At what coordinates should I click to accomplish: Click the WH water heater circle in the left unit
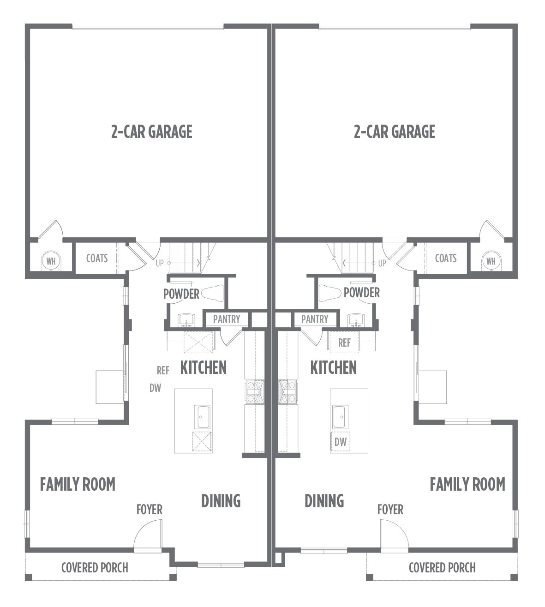click(x=51, y=261)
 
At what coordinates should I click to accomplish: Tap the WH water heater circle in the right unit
click(x=491, y=261)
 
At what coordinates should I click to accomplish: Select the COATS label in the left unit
click(x=97, y=258)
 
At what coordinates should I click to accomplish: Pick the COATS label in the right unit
click(x=446, y=258)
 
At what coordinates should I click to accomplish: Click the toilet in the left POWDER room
click(x=212, y=293)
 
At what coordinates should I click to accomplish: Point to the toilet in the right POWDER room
click(x=330, y=293)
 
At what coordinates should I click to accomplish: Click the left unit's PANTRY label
click(x=227, y=319)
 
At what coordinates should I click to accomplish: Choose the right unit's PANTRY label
click(x=315, y=319)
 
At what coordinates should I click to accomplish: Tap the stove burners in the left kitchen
click(x=255, y=391)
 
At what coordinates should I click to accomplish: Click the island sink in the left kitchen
click(x=203, y=417)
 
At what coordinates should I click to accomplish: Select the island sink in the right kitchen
click(x=341, y=417)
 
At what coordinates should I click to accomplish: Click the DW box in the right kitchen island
click(x=341, y=442)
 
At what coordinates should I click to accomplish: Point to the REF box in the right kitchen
click(x=344, y=343)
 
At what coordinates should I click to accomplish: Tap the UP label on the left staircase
click(x=160, y=263)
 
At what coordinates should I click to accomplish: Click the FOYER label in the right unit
click(x=390, y=510)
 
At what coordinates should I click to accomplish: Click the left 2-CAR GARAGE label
click(x=152, y=132)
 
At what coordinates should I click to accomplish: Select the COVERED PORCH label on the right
click(x=442, y=568)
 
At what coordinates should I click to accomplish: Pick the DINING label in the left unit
click(x=221, y=501)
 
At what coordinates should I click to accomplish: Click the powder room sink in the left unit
click(x=186, y=320)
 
